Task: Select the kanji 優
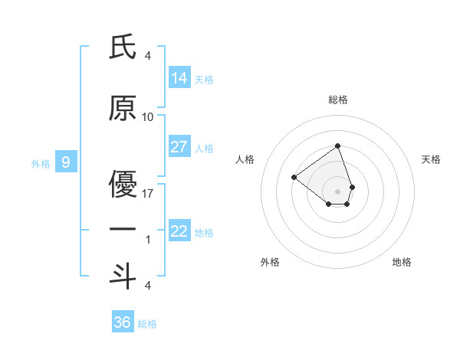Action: [123, 183]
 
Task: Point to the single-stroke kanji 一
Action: [123, 229]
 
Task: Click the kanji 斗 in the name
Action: [123, 275]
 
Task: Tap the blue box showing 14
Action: [179, 77]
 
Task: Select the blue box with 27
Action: [179, 146]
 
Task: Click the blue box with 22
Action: [179, 231]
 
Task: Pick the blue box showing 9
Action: [67, 162]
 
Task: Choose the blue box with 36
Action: [123, 322]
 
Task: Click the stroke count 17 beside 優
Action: [148, 193]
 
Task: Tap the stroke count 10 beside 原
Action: [148, 116]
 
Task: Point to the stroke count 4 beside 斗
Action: [148, 285]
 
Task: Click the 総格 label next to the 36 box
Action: [147, 324]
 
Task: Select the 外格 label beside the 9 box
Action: [41, 163]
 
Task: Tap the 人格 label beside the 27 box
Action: [204, 148]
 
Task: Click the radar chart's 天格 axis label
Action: [432, 159]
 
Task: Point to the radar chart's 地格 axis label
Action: [402, 262]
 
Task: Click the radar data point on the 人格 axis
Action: [294, 177]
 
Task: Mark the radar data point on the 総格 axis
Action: [337, 146]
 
